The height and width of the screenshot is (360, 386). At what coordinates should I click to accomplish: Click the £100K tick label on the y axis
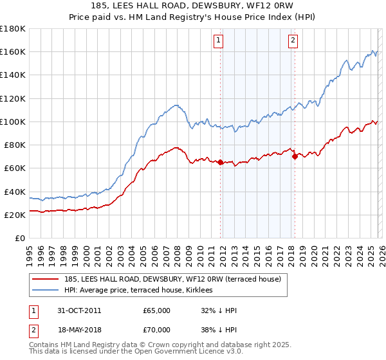tap(12, 122)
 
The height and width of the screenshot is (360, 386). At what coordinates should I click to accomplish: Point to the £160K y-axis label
tap(12, 51)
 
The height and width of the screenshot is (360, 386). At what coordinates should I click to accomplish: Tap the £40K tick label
tap(15, 192)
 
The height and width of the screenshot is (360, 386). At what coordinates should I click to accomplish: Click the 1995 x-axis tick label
tap(30, 251)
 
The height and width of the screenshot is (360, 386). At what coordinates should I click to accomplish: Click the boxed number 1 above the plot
tap(219, 40)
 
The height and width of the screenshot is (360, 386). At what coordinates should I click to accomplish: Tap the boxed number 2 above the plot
tap(293, 40)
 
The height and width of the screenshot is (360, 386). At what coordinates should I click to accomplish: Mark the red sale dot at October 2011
tap(221, 163)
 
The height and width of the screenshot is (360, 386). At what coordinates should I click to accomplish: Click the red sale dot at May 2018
tap(295, 156)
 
